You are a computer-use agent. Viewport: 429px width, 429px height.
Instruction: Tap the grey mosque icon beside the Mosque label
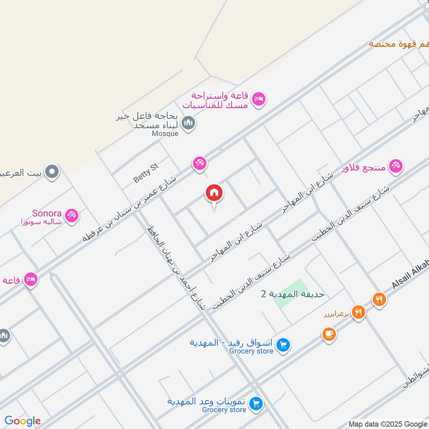pos(188,124)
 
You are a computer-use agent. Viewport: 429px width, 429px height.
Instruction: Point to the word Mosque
pos(164,134)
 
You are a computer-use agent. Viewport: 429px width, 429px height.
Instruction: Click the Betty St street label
pos(146,174)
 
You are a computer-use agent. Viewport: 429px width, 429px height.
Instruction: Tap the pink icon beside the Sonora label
pos(71,216)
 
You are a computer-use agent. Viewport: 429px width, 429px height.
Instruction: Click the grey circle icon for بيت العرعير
pos(52,172)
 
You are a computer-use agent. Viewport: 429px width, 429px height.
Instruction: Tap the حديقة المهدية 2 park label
pos(293,294)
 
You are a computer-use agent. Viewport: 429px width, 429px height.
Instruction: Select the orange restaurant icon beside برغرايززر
pos(358,312)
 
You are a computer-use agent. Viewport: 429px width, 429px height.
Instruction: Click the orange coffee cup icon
pos(329,334)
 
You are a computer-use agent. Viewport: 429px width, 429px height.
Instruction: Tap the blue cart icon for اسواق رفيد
pos(284,346)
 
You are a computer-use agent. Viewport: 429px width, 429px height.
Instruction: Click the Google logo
pos(23,421)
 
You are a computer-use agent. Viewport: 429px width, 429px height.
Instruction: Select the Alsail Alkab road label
pos(410,276)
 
